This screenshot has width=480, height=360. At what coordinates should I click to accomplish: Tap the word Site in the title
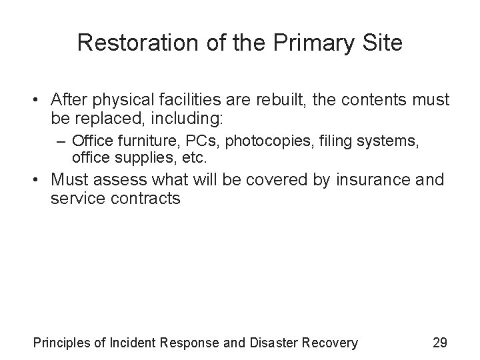click(382, 43)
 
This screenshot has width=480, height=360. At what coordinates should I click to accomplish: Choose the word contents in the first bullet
click(385, 101)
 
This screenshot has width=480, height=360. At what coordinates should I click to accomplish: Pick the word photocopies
click(266, 141)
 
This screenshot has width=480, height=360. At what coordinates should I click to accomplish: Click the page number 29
click(439, 343)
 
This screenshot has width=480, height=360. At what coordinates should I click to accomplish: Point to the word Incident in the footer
click(136, 343)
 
